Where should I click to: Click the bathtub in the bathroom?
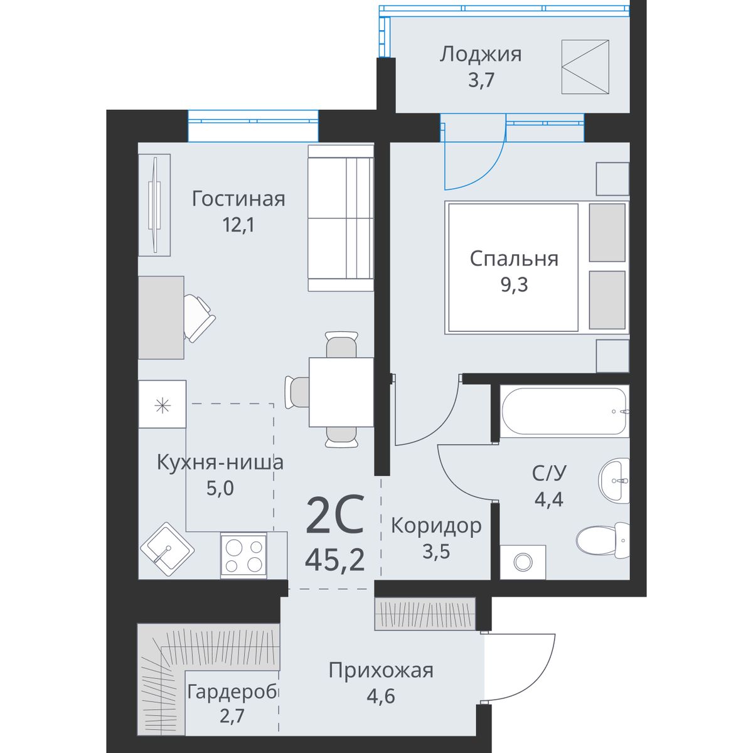[564, 410]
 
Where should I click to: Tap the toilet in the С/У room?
[602, 540]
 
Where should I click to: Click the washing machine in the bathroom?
[523, 562]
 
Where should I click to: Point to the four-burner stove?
[243, 556]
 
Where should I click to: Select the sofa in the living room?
[340, 218]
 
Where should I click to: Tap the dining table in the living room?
[341, 392]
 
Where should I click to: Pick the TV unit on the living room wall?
[154, 205]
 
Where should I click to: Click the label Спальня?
[514, 259]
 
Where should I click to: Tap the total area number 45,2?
[334, 560]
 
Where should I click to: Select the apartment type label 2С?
[335, 515]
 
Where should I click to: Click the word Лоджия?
[481, 55]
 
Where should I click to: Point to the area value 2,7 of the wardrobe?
[232, 716]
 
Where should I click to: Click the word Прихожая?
[381, 671]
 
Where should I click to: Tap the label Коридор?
[436, 526]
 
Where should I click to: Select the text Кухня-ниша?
[220, 462]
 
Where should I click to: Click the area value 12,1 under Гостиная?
[238, 225]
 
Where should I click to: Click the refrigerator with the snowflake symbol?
[162, 404]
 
